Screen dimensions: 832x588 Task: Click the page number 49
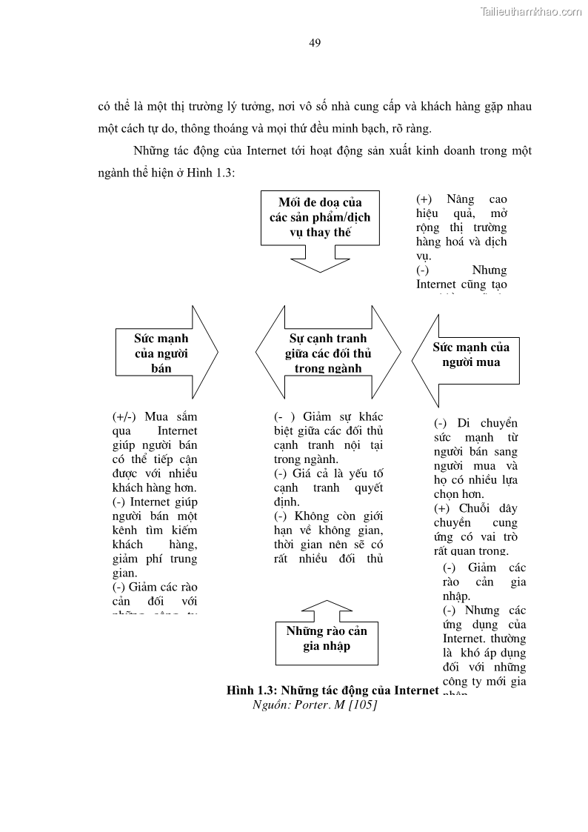[x=315, y=43]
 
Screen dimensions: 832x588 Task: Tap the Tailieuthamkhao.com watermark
[x=531, y=11]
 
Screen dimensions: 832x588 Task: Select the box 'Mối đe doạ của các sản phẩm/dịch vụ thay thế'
[x=320, y=217]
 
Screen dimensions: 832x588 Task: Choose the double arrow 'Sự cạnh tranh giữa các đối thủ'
[x=327, y=353]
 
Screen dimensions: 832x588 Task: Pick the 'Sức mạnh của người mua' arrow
[x=467, y=355]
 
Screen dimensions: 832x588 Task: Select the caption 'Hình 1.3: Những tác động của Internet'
[x=333, y=690]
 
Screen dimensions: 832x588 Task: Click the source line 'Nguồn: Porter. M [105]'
[x=315, y=705]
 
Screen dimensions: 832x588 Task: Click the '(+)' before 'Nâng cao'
[x=424, y=199]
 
